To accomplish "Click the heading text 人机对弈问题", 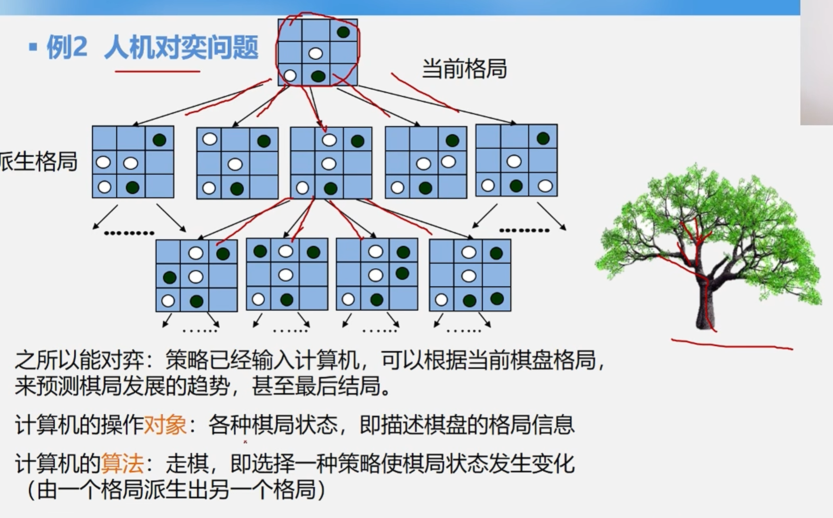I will (181, 47).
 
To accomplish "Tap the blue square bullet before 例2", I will (33, 47).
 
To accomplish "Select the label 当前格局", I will (464, 68).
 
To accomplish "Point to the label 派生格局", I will (38, 162).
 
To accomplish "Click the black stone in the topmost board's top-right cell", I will (343, 32).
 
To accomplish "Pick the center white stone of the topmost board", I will (316, 53).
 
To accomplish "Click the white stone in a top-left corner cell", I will (209, 139).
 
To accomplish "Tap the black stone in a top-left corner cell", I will (260, 251).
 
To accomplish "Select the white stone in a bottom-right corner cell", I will (545, 186).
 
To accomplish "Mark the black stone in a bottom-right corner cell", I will (497, 299).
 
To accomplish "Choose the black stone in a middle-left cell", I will (169, 277).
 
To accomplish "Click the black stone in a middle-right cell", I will (402, 274).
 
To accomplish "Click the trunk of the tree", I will (705, 307).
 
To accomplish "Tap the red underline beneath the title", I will (157, 72).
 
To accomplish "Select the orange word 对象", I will (165, 425).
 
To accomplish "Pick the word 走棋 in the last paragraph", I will (187, 463).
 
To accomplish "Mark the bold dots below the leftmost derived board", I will (129, 233).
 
